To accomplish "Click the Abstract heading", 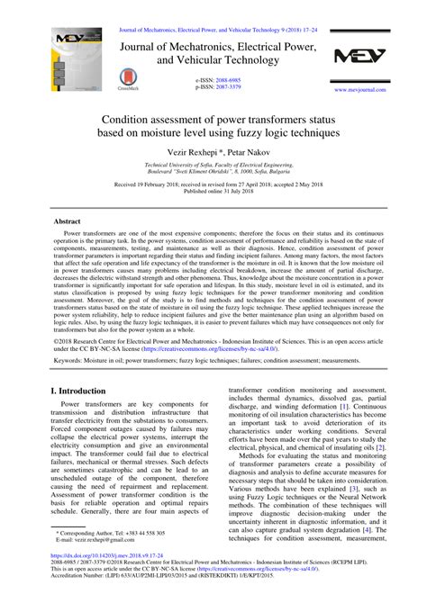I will [x=68, y=220].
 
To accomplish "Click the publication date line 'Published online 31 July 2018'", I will [x=213, y=192].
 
